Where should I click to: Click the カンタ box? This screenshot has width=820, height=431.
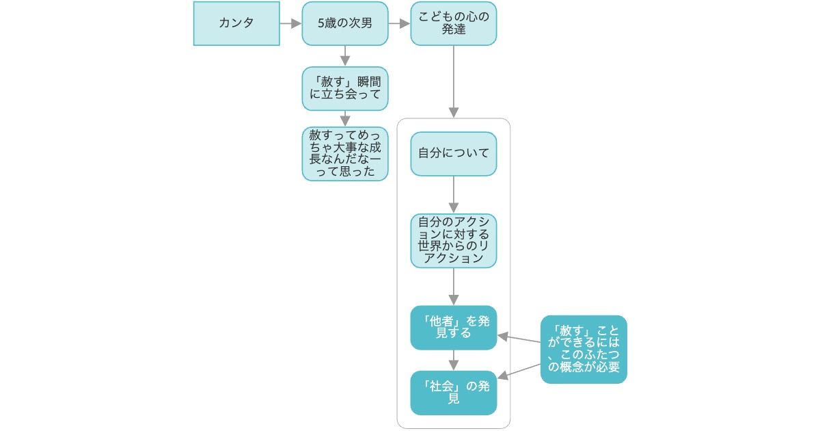pos(236,23)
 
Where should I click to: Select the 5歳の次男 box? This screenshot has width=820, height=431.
pos(345,23)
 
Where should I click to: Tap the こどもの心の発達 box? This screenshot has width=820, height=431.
pos(454,23)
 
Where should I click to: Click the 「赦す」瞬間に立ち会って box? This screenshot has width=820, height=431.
pos(345,89)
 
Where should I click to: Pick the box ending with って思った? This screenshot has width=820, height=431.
pos(345,153)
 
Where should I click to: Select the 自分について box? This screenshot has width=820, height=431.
pos(454,153)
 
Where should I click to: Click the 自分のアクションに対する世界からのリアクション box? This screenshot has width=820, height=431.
pos(454,241)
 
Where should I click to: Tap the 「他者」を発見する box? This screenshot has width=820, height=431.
pos(454,328)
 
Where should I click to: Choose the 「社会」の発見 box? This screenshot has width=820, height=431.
pos(454,393)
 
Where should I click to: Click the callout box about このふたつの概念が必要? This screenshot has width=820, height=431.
pos(584,349)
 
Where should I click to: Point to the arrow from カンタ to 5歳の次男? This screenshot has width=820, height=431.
pos(290,23)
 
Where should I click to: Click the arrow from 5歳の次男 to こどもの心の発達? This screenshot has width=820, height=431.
pos(399,23)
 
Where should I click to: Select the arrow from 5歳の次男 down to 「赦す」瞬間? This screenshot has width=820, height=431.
pos(345,56)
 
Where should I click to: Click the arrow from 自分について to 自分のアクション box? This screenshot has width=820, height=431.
pos(454,194)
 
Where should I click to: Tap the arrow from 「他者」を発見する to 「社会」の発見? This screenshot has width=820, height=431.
pos(454,361)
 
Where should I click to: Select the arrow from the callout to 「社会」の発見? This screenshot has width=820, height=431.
pos(519,370)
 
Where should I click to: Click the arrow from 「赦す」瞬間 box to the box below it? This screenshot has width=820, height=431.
pos(345,118)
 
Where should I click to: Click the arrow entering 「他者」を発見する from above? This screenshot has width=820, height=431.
pos(454,286)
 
